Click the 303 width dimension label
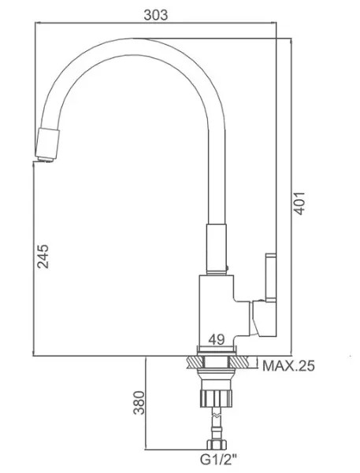[x=154, y=13]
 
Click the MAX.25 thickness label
[x=289, y=365]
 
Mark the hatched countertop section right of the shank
[x=245, y=364]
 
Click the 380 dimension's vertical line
[x=149, y=405]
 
